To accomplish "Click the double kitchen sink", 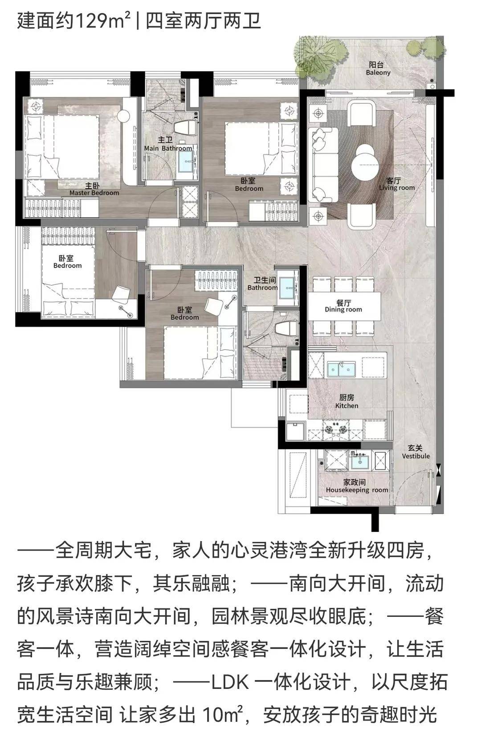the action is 341,369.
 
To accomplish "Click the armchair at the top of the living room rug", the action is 362,113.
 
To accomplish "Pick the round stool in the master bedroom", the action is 124,115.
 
